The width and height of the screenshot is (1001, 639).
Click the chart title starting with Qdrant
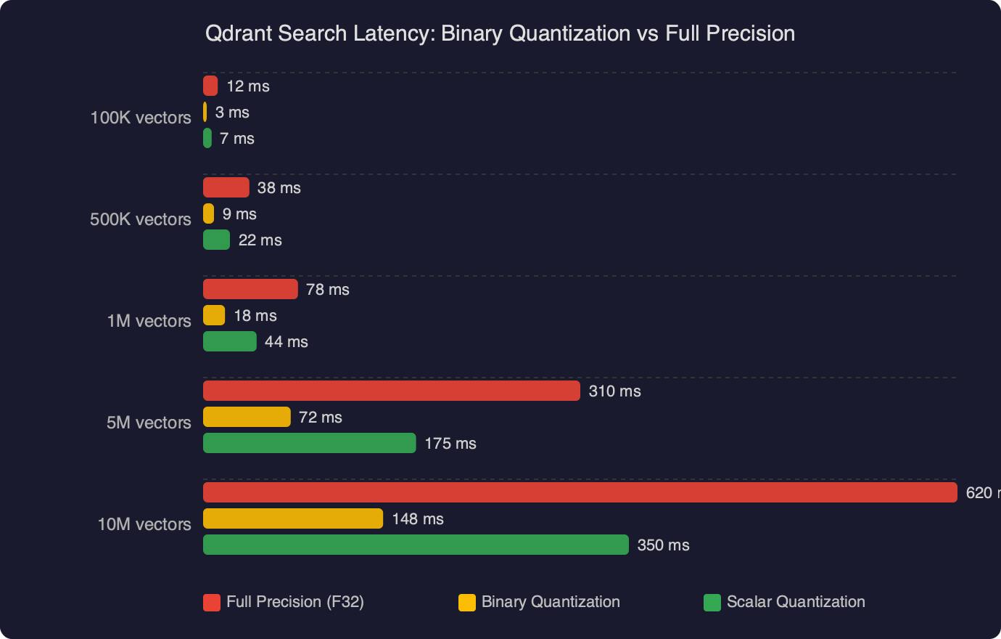click(x=500, y=33)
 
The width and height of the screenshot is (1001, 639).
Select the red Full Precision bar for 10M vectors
click(x=580, y=492)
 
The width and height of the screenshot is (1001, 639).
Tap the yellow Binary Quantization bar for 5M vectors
click(x=247, y=417)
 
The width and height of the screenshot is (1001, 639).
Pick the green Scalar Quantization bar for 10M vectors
click(x=416, y=545)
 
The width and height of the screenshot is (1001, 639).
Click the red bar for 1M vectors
click(x=250, y=289)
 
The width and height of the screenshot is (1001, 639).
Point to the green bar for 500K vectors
click(x=216, y=240)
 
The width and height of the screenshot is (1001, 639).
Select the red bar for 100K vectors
click(x=210, y=86)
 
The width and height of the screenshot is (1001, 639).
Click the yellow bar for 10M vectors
click(x=293, y=518)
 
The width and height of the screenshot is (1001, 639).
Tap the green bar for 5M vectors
click(x=309, y=443)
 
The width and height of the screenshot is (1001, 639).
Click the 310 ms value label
click(x=614, y=391)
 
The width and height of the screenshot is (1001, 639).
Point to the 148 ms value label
click(x=418, y=519)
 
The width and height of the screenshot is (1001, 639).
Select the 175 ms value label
click(x=450, y=444)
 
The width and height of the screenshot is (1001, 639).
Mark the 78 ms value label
click(x=328, y=290)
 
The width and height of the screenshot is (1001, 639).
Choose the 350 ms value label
click(x=663, y=545)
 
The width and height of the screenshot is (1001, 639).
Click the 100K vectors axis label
click(x=141, y=118)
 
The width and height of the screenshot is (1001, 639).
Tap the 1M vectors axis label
click(x=149, y=321)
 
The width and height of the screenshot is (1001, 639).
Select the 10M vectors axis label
click(x=144, y=524)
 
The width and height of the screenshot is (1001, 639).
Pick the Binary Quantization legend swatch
click(x=467, y=603)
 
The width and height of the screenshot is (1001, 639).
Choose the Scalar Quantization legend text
click(x=796, y=602)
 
